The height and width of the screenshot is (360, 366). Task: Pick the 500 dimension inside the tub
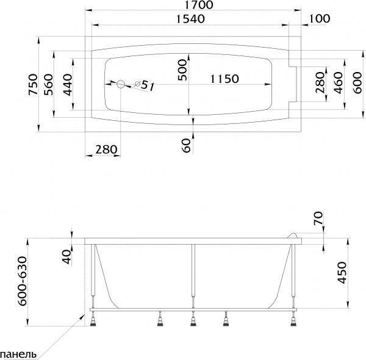183,72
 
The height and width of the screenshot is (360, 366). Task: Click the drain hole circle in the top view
121,84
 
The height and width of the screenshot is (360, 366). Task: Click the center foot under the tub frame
193,319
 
